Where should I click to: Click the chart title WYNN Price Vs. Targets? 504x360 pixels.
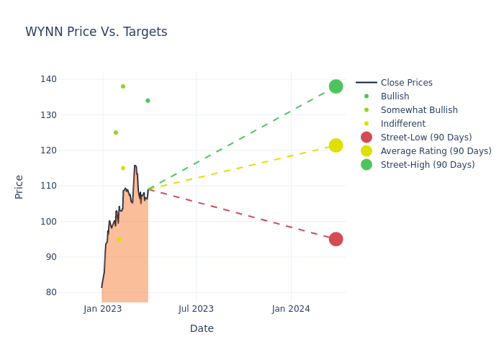click(x=96, y=32)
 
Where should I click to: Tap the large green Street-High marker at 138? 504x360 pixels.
click(x=336, y=86)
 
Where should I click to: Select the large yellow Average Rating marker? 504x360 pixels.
click(x=336, y=145)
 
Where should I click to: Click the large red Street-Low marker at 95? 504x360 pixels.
click(x=336, y=239)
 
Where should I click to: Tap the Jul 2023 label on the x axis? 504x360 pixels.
click(x=196, y=309)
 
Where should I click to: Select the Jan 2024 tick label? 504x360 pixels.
click(x=291, y=309)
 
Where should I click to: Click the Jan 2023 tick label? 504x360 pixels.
click(x=103, y=309)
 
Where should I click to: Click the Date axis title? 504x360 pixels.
click(x=202, y=328)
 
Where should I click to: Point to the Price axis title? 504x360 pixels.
click(x=19, y=186)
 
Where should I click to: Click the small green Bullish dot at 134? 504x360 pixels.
click(x=148, y=101)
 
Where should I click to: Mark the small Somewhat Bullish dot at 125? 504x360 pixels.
click(x=115, y=132)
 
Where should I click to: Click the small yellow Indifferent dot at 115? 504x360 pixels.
click(x=122, y=168)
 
